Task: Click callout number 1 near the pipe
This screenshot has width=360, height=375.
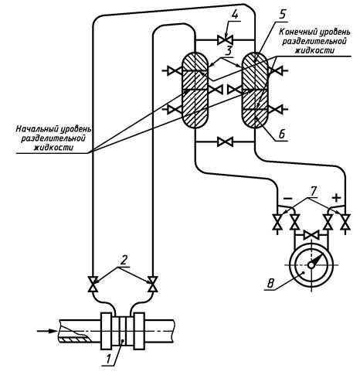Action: [x=109, y=358]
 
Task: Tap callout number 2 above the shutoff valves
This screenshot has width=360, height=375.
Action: [x=124, y=261]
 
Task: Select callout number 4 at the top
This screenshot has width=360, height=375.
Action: [x=234, y=15]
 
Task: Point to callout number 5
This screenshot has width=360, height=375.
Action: [x=282, y=14]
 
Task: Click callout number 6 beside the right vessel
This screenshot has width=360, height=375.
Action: [x=282, y=134]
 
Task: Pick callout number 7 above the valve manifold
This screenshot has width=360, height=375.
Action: [x=313, y=192]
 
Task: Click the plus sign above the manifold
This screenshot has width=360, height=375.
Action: [x=336, y=198]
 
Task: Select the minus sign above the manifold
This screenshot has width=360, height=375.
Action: [x=287, y=199]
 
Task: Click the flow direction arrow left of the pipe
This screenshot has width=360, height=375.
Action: [x=47, y=331]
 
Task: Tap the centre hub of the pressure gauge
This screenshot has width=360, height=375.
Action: [x=311, y=265]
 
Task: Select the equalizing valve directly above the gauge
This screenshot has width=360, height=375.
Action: [x=311, y=235]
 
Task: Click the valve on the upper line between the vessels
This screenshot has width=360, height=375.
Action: [x=225, y=40]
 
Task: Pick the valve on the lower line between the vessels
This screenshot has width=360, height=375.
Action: [x=225, y=141]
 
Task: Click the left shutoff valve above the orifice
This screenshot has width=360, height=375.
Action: [x=93, y=285]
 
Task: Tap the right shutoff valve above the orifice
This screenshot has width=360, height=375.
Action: [x=152, y=285]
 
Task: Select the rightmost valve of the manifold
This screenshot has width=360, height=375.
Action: [x=345, y=222]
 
